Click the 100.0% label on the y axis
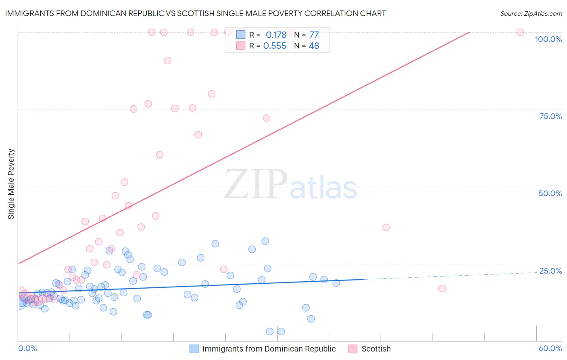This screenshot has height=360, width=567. point(548,39)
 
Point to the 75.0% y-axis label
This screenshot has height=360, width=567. point(550,116)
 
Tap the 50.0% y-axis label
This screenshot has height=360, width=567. point(550,193)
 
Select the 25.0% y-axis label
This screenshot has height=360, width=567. point(550,271)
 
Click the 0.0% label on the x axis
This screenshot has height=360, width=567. point(27,348)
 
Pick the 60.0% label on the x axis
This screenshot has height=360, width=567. point(550,348)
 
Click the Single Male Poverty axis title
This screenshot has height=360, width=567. point(11,184)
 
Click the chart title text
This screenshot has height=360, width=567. point(195,13)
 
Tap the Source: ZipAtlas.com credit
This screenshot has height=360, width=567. point(531,13)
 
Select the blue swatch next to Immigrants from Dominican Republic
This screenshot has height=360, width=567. point(194,349)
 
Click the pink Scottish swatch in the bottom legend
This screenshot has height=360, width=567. point(353,349)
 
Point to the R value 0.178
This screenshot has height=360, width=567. point(276,35)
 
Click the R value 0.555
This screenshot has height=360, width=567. point(275,46)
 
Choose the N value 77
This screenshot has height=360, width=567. point(314,35)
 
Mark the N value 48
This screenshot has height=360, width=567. point(314,46)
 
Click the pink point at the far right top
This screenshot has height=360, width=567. point(520,32)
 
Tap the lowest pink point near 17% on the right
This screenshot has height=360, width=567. point(442,289)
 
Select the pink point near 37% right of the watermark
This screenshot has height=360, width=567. point(386,228)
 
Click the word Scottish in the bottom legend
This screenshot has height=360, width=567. point(376,349)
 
